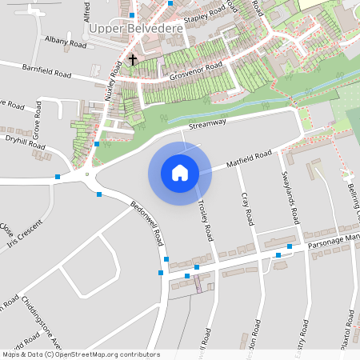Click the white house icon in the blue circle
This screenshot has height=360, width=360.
(x=179, y=172)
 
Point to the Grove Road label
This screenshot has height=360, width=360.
(x=37, y=119)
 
